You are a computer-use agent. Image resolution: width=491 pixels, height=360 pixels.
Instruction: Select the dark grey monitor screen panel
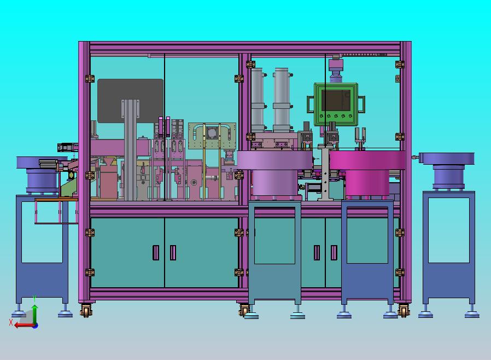coord(130,101)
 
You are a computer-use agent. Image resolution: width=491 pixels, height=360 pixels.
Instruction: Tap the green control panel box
coord(336,104)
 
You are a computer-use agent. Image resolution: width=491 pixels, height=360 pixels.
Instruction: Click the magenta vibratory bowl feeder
coord(367,173)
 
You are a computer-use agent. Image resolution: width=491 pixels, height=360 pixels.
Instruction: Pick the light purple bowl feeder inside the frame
coord(275,173)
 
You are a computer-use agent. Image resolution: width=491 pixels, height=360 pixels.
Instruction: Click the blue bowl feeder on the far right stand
coord(447,171)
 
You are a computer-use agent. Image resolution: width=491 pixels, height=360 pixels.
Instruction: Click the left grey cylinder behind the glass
coord(258,100)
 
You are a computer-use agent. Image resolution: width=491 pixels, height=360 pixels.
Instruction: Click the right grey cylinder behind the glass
coord(281,100)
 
